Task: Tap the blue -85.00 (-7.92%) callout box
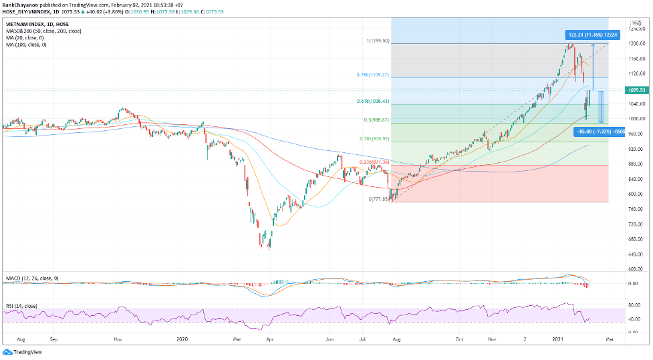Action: point(599,132)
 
